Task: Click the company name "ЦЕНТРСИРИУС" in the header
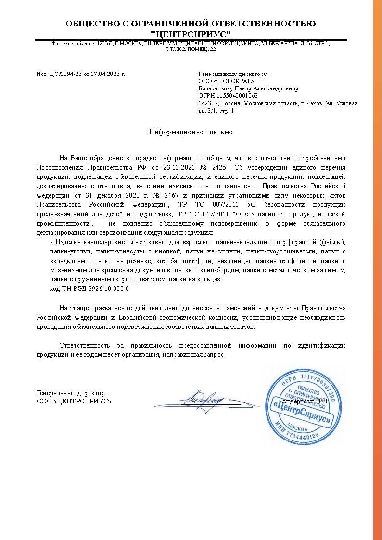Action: pos(191,34)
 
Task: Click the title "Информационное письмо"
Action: pos(191,132)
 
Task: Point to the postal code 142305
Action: pos(208,103)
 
